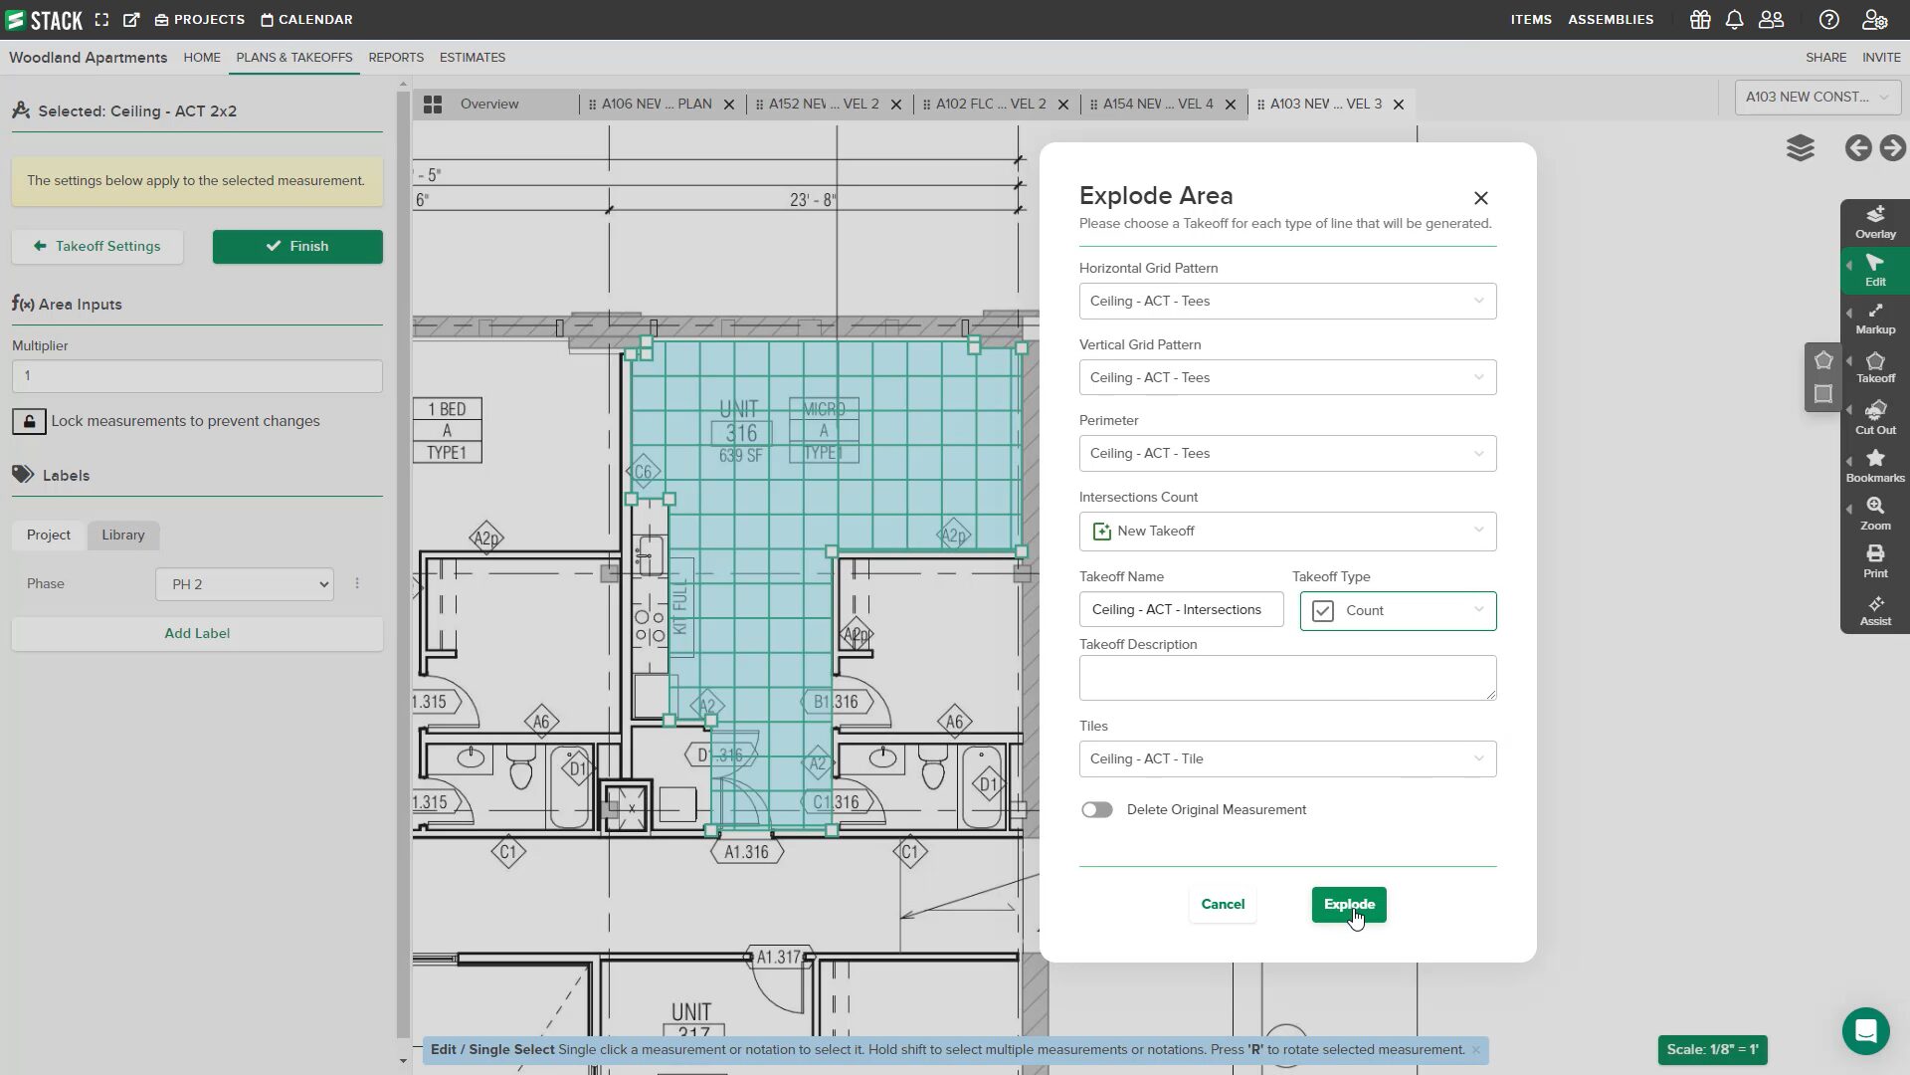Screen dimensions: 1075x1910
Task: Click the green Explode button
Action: (1348, 904)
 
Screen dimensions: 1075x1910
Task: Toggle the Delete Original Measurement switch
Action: (1097, 809)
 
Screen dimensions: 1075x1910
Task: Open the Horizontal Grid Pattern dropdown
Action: (1287, 301)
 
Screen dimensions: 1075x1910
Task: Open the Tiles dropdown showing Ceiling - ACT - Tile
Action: (1287, 758)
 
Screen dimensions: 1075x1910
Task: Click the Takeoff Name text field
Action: (1181, 609)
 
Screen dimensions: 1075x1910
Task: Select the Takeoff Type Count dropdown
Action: (1398, 610)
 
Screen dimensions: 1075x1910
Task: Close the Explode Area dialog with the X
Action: (1480, 198)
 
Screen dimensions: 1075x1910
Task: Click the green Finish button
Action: (296, 246)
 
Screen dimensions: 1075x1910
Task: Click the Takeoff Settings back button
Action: (97, 246)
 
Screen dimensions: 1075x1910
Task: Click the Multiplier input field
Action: (197, 375)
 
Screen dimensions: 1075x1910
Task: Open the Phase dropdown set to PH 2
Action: (245, 584)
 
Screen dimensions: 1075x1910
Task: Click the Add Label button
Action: (197, 633)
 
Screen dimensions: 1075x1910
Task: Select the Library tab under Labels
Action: (123, 535)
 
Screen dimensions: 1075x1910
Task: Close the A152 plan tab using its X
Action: (895, 105)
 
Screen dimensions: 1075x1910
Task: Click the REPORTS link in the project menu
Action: (396, 57)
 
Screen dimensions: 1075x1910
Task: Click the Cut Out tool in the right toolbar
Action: (1875, 417)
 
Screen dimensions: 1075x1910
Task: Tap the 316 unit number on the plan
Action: (741, 433)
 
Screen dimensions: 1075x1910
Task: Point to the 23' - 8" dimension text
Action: (813, 200)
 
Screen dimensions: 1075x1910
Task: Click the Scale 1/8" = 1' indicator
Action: (1712, 1049)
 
